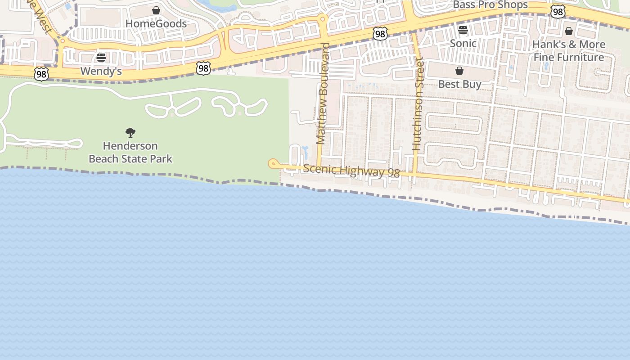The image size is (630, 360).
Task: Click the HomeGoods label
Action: (x=156, y=23)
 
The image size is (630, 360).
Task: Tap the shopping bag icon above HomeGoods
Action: (x=156, y=10)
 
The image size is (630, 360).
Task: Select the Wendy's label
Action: (x=101, y=71)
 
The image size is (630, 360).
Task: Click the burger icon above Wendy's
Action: (x=101, y=58)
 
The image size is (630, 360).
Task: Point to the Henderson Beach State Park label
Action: (x=130, y=152)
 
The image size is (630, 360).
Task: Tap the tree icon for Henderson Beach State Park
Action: (x=130, y=132)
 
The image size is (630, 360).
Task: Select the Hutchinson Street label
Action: (x=418, y=104)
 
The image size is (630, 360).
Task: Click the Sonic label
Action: (x=463, y=43)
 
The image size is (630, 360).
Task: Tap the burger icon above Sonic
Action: (x=463, y=30)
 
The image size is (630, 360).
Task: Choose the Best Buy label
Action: (x=459, y=84)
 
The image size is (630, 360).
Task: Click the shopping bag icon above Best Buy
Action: (x=459, y=71)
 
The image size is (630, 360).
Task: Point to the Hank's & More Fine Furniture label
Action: (x=569, y=51)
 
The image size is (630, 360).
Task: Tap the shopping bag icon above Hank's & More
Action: (x=569, y=31)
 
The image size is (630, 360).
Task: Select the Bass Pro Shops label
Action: (x=490, y=5)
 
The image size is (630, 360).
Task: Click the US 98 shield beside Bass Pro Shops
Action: (x=558, y=12)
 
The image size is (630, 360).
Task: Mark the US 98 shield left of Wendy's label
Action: (x=41, y=74)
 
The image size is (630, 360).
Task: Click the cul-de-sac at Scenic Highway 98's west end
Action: (x=273, y=163)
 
